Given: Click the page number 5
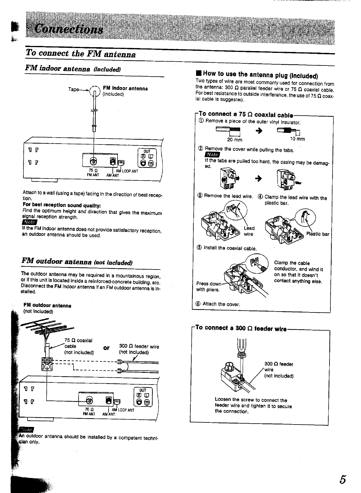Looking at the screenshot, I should [x=343, y=479].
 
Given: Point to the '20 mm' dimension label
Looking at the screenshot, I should [x=235, y=140].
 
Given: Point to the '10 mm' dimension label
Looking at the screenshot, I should [x=297, y=139].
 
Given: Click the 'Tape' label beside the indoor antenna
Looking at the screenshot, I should [x=73, y=89].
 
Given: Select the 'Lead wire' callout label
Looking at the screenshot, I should [x=249, y=231].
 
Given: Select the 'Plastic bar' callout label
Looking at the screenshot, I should [x=318, y=234].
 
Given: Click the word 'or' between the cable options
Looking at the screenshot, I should [x=106, y=348].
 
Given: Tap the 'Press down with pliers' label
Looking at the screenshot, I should [x=208, y=287].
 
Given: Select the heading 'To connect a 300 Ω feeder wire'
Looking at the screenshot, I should [x=241, y=328].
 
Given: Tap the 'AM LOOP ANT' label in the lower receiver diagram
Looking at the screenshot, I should [x=123, y=410].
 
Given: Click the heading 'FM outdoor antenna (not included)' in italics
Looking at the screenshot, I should [x=77, y=262].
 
